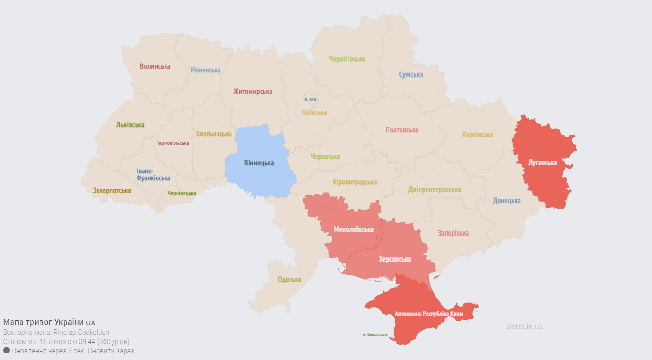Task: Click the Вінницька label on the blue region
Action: (x=259, y=163)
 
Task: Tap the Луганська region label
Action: (x=542, y=163)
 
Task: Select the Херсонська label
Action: (x=395, y=259)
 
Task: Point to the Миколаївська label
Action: (x=354, y=229)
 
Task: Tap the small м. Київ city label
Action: (x=310, y=99)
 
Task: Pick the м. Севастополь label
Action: (x=375, y=334)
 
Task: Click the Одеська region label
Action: (x=289, y=280)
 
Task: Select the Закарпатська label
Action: (x=112, y=190)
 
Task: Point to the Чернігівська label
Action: (x=347, y=59)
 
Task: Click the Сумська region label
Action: (x=411, y=75)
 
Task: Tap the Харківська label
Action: (x=477, y=135)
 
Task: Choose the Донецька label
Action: (x=507, y=201)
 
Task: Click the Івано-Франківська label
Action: (x=153, y=175)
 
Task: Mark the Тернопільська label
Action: (x=173, y=143)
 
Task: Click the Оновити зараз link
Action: (x=111, y=351)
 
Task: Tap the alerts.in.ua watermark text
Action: (x=524, y=327)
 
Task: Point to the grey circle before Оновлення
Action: (x=7, y=350)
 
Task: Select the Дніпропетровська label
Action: (x=435, y=190)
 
